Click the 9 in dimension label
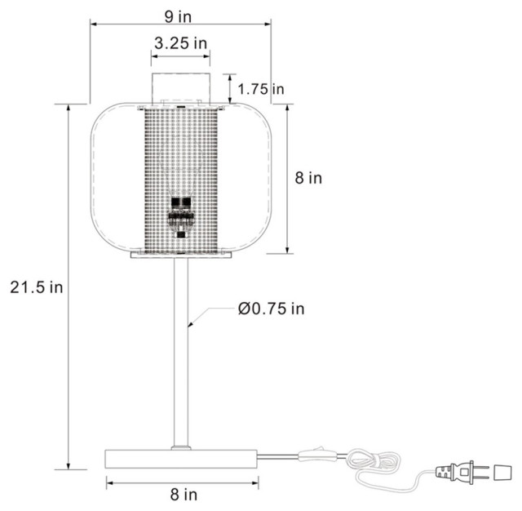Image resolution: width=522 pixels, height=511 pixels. pos(178,16)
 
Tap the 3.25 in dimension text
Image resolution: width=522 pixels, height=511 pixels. pos(180,43)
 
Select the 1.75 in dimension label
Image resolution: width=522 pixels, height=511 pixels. pos(261,89)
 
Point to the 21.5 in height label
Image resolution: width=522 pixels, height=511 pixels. pos(36,287)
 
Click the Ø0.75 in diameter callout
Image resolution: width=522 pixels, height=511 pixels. pos(271,309)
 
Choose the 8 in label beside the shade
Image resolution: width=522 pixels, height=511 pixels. pos(308,178)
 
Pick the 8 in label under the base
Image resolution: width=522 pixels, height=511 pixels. pos(184,495)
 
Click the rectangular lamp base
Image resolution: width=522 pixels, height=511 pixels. pos(181,459)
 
